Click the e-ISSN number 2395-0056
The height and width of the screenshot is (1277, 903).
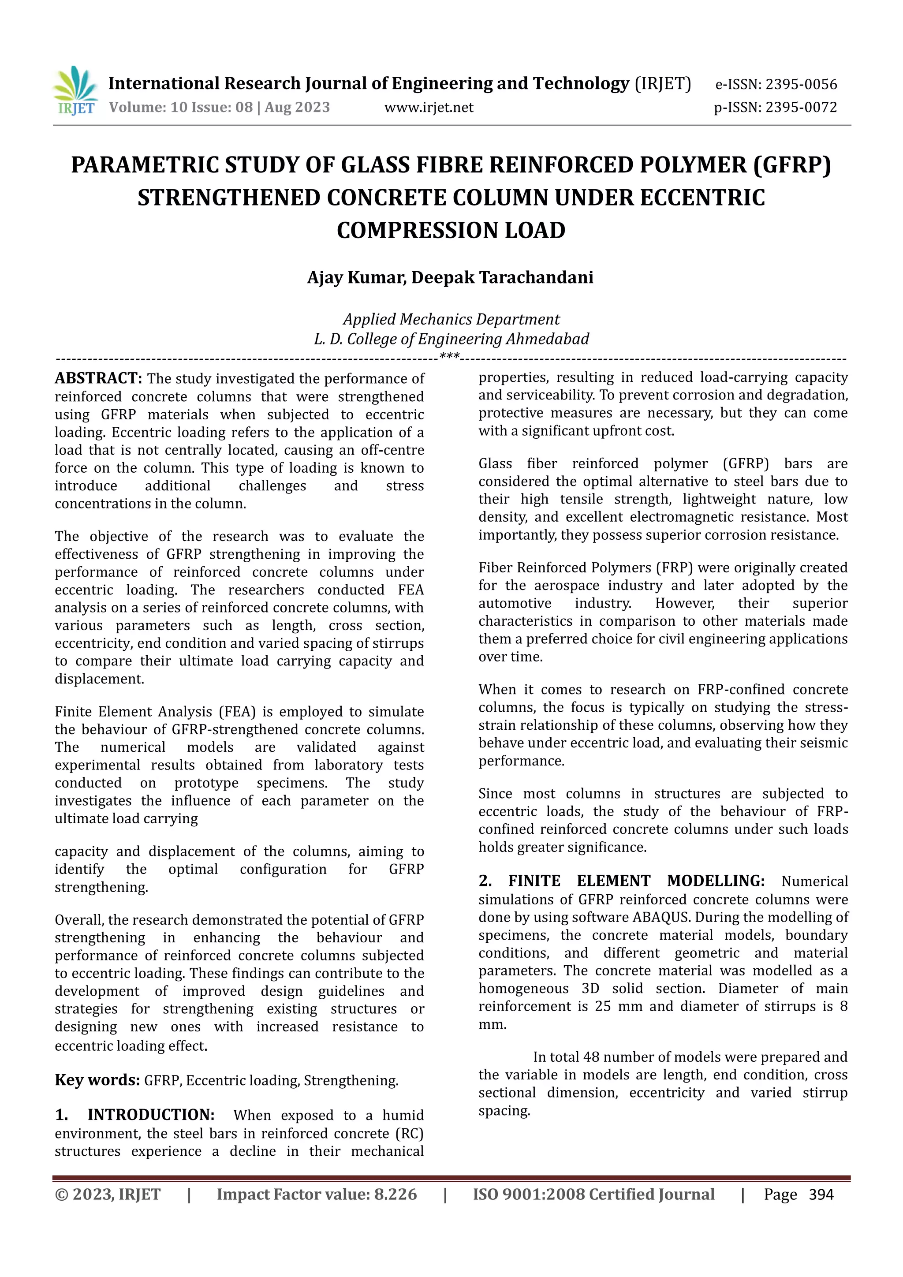tap(801, 85)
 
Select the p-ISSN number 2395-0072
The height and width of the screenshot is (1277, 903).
tap(801, 107)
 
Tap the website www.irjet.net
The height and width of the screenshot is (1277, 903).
tap(429, 107)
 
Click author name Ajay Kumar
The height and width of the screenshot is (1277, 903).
tap(355, 277)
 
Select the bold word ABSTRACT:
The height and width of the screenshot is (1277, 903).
tap(98, 378)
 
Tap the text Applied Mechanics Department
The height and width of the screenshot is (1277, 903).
tap(451, 319)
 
